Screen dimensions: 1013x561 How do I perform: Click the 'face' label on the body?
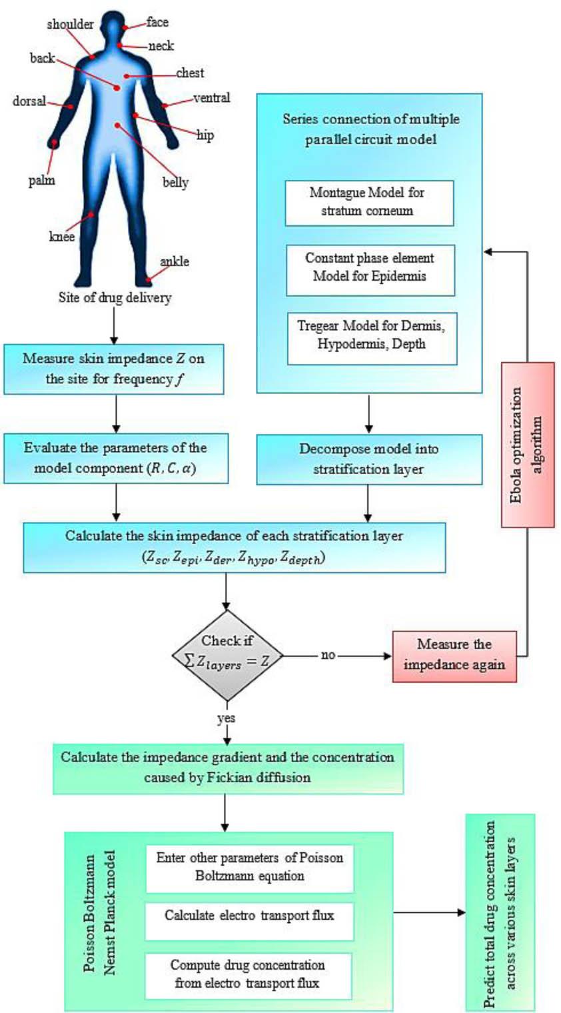pyautogui.click(x=157, y=22)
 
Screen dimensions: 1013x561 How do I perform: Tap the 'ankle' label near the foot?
pyautogui.click(x=174, y=261)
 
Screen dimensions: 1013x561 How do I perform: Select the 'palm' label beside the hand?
pyautogui.click(x=41, y=180)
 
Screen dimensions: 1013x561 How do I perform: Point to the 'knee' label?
pyautogui.click(x=62, y=237)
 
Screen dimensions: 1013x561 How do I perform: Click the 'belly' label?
pyautogui.click(x=175, y=182)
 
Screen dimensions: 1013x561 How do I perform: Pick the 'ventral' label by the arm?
pyautogui.click(x=211, y=97)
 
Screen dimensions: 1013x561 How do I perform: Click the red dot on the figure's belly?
pyautogui.click(x=118, y=125)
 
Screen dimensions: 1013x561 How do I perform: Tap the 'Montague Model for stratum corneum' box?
pyautogui.click(x=368, y=202)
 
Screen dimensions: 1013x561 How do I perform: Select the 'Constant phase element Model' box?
pyautogui.click(x=370, y=267)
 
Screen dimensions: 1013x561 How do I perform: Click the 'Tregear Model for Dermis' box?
pyautogui.click(x=371, y=335)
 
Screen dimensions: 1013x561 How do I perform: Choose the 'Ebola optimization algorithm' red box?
pyautogui.click(x=527, y=444)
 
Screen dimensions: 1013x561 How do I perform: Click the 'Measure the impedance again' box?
pyautogui.click(x=454, y=655)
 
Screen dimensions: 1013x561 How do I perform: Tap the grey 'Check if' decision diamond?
pyautogui.click(x=227, y=655)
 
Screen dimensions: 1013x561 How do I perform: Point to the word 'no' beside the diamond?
pyautogui.click(x=328, y=655)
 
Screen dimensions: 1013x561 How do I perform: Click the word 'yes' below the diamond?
pyautogui.click(x=226, y=718)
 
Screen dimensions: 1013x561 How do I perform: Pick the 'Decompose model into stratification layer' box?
pyautogui.click(x=368, y=459)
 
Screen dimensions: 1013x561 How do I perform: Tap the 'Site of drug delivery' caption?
pyautogui.click(x=115, y=297)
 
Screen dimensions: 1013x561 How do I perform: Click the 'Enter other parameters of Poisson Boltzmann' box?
pyautogui.click(x=249, y=867)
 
